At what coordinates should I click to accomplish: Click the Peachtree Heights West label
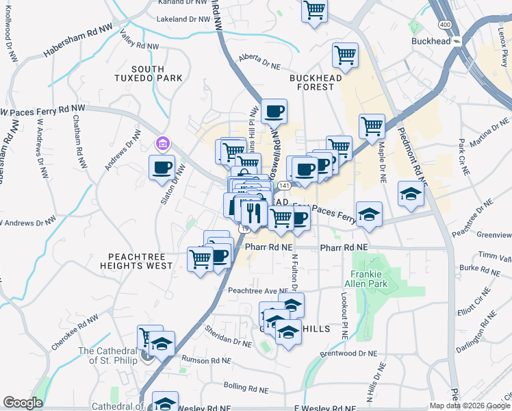tap(136, 260)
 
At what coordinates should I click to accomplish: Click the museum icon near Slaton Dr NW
tap(162, 143)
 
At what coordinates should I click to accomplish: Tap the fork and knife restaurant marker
tap(254, 212)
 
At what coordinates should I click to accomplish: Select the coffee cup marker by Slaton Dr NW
tap(162, 167)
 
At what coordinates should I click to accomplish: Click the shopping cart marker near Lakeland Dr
tap(314, 10)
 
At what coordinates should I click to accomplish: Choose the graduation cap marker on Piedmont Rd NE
tap(411, 194)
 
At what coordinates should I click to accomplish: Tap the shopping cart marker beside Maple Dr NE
tap(372, 125)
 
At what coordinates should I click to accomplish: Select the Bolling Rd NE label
tap(246, 388)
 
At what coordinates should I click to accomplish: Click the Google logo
tap(23, 403)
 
